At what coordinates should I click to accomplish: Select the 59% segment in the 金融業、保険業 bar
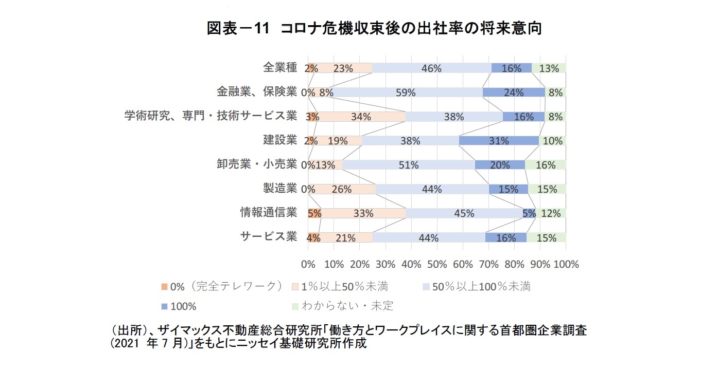coord(407,92)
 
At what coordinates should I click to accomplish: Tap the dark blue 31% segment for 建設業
coord(499,141)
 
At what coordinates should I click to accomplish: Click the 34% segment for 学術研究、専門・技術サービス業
coord(361,117)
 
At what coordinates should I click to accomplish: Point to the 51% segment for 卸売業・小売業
coord(408,165)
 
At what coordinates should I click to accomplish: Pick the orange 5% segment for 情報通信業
coord(314,213)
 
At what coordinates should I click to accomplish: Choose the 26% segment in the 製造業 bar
coord(342,189)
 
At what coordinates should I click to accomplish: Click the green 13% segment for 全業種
coord(549,68)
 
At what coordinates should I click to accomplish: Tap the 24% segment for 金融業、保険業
coord(514,92)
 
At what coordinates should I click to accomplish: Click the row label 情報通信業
coord(269,212)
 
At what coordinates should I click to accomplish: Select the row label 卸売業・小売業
coord(257,164)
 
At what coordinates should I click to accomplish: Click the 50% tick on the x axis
coord(436,265)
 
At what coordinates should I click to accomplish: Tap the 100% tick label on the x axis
coord(566,265)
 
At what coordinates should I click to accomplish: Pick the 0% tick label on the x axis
coord(308,265)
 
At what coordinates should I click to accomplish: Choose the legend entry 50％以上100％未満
coord(481,287)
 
